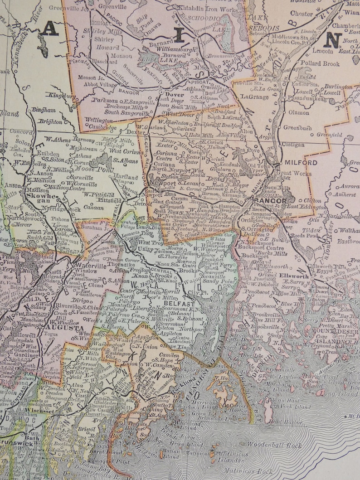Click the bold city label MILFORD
pos(301,163)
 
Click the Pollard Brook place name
pos(320,63)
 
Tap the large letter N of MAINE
pos(332,40)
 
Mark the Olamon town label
pos(298,112)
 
